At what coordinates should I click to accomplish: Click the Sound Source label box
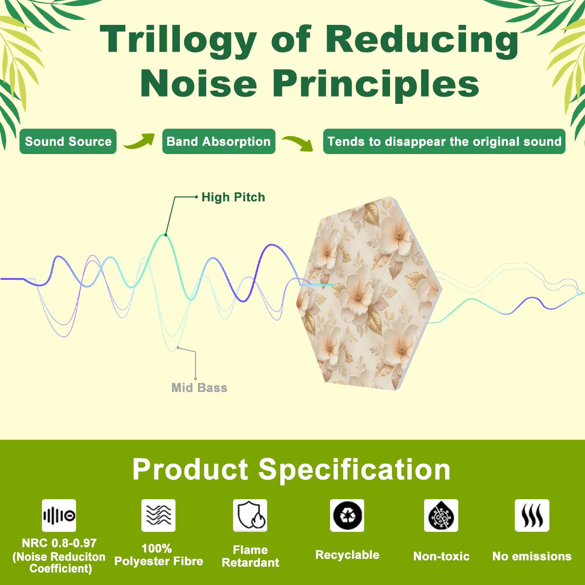tap(68, 141)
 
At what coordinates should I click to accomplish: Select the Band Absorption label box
tap(218, 141)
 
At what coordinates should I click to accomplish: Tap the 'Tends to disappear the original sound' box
tap(444, 141)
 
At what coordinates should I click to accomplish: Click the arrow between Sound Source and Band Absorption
tap(139, 141)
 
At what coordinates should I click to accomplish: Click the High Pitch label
tap(233, 197)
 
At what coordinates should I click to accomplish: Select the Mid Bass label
tap(199, 388)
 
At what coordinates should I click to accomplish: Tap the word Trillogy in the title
tap(178, 41)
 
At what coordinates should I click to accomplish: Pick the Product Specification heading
tap(292, 469)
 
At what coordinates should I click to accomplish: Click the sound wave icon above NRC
tap(59, 515)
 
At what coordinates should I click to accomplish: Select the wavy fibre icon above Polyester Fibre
tap(158, 515)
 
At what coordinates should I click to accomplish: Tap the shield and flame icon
tap(250, 515)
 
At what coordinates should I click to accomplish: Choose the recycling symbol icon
tap(347, 515)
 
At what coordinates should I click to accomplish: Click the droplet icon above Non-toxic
tap(441, 515)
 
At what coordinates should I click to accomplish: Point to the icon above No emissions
tap(532, 515)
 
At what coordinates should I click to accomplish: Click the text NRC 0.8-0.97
tap(59, 543)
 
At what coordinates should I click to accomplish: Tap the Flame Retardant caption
tap(251, 556)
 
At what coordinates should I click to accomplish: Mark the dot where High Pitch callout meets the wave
tap(165, 235)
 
